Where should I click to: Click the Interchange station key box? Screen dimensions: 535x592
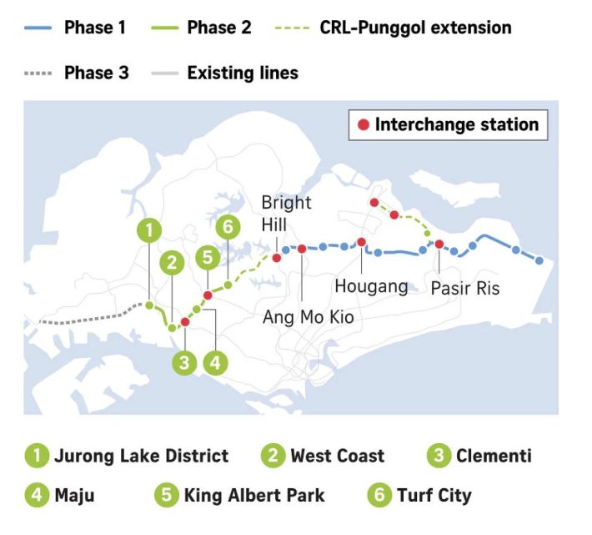[448, 125]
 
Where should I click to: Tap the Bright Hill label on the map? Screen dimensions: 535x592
[286, 213]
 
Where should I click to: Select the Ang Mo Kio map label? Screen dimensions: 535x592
[308, 317]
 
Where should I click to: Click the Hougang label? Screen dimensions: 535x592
[371, 286]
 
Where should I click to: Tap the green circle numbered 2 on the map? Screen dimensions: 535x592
[173, 263]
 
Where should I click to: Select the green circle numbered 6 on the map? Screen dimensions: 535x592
[227, 227]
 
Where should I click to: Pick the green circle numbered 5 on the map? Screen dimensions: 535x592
[207, 258]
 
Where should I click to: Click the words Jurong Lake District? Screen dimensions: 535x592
[141, 456]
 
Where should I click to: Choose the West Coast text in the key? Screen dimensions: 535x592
[337, 456]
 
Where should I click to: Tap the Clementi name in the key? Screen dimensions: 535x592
[494, 456]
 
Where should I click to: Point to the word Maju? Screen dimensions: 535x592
[74, 495]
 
